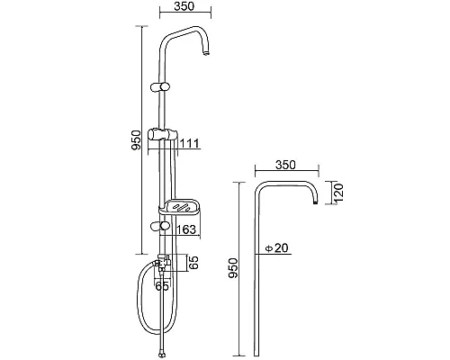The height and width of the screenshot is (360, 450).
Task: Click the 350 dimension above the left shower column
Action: pyautogui.click(x=184, y=6)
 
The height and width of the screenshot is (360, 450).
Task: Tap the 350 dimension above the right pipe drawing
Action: pyautogui.click(x=285, y=165)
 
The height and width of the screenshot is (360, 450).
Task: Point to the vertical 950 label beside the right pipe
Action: pyautogui.click(x=233, y=268)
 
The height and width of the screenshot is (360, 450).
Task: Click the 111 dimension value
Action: pyautogui.click(x=189, y=144)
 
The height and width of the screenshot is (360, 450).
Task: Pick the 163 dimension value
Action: pyautogui.click(x=186, y=229)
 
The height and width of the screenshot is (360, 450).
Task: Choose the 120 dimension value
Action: pyautogui.click(x=338, y=193)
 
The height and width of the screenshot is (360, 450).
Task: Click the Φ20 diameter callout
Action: pyautogui.click(x=276, y=248)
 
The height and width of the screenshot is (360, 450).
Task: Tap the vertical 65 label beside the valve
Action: pyautogui.click(x=194, y=263)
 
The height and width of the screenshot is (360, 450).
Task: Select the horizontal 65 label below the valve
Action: pyautogui.click(x=162, y=286)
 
